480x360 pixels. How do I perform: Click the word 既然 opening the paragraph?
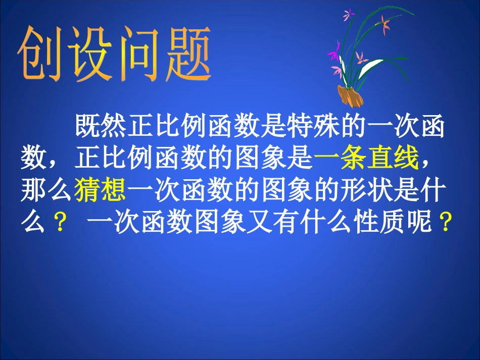(101, 127)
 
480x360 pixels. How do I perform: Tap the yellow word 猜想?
(101, 191)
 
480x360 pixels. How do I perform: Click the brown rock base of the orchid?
(350, 95)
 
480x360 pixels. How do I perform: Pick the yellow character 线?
(407, 160)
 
